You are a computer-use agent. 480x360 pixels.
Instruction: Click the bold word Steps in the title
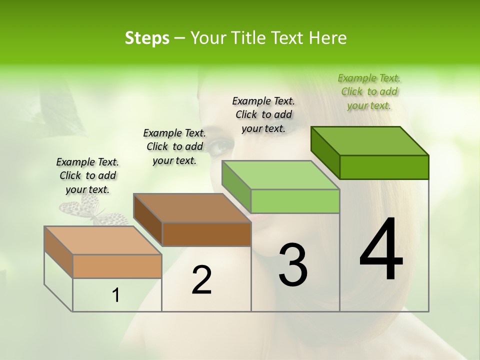[147, 38]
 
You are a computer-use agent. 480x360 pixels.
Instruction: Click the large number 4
[381, 250]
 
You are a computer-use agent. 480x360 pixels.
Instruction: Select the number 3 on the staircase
[293, 265]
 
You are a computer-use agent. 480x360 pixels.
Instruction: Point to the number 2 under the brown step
[202, 280]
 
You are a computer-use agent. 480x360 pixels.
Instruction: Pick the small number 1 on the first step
[116, 295]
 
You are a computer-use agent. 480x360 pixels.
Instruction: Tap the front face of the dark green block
[384, 167]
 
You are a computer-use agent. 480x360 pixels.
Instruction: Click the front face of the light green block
[295, 201]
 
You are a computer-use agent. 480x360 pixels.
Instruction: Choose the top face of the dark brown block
[192, 207]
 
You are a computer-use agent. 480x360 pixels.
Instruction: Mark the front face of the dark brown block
[206, 234]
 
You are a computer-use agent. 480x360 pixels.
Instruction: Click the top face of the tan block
[103, 240]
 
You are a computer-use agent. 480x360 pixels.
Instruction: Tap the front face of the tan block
[117, 266]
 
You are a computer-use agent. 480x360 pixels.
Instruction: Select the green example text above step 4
[369, 92]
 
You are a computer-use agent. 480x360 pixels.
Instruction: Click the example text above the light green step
[263, 114]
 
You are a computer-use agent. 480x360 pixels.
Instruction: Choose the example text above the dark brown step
[174, 146]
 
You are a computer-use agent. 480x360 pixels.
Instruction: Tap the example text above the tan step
[87, 175]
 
